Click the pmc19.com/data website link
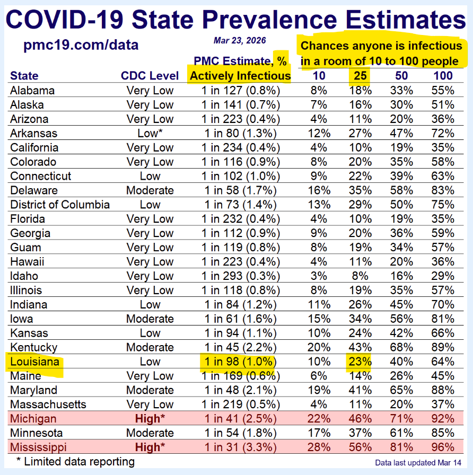tap(81, 45)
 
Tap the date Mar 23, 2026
tap(240, 40)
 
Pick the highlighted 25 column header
tap(360, 76)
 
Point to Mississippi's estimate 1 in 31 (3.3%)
tap(240, 447)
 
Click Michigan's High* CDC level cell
tap(150, 419)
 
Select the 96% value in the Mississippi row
tap(443, 447)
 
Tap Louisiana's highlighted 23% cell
tap(360, 362)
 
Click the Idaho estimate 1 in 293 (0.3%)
tap(240, 276)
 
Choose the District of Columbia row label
tap(60, 205)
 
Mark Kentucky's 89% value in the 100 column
tap(443, 348)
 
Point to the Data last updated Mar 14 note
tap(419, 463)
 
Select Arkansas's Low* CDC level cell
tap(150, 133)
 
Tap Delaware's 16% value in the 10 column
tap(318, 190)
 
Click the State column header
tap(24, 76)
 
